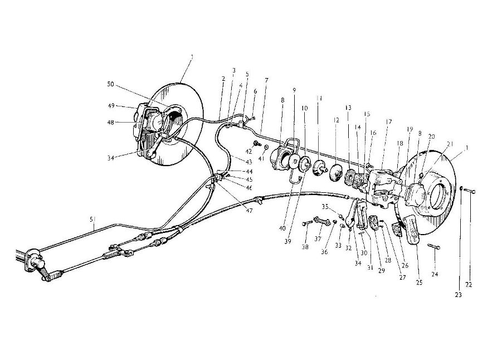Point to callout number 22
tap(469, 285)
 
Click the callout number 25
tap(420, 283)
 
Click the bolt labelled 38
tap(308, 223)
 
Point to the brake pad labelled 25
tap(412, 230)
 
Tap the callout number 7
tap(266, 80)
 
